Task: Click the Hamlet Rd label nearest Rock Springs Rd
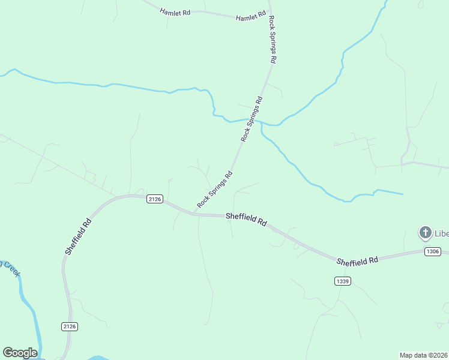250,17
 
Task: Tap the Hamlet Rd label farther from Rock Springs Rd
175,12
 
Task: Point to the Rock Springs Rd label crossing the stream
252,119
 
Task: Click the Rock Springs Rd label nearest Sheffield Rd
215,190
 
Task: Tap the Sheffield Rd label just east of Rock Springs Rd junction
246,220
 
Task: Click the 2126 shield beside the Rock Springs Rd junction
155,199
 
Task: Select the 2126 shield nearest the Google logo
70,326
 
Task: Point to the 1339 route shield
342,281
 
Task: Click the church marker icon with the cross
425,232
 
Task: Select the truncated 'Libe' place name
441,233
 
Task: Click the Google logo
20,353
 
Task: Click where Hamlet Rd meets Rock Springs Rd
268,19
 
